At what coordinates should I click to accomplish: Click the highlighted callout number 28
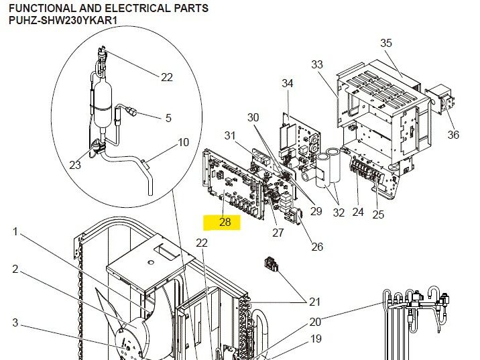pos(225,222)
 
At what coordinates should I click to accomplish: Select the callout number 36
pos(453,135)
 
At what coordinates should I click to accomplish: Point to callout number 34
pos(287,83)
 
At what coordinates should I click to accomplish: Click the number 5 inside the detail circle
pos(168,118)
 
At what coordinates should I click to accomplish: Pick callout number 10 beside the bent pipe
pos(183,142)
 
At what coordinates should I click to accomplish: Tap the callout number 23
pos(75,165)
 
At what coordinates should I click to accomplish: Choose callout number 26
pos(317,247)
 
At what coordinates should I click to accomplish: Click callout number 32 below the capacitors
pos(339,213)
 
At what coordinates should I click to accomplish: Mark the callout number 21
pos(315,302)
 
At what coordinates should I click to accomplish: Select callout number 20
pos(315,321)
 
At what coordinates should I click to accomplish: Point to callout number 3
pos(15,323)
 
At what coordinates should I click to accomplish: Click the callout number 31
pos(230,135)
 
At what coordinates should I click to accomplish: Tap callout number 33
pos(317,64)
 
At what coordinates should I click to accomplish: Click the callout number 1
pos(15,232)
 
